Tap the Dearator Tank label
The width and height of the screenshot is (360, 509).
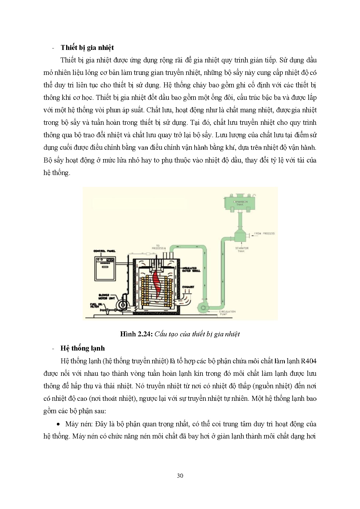[241, 250]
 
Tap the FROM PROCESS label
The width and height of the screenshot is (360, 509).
[264, 233]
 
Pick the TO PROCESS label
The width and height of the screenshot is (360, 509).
[158, 247]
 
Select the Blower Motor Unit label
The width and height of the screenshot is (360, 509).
[106, 296]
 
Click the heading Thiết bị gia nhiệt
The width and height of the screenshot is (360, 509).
[87, 48]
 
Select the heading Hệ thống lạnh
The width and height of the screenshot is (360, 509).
[82, 348]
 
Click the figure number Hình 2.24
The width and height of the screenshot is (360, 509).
[136, 334]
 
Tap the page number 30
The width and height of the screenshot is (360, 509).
[180, 475]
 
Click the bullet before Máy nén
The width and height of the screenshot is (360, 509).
[59, 424]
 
